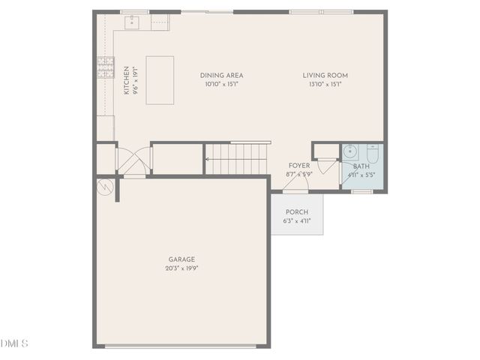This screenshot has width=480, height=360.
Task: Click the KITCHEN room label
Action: [125, 79]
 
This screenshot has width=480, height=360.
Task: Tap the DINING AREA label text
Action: [221, 75]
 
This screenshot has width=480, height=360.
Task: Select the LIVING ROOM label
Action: [325, 75]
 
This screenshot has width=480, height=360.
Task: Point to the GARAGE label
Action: [181, 259]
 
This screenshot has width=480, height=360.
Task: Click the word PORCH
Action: [297, 212]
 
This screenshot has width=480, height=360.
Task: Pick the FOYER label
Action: [298, 166]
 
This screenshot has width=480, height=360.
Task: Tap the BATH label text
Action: [361, 166]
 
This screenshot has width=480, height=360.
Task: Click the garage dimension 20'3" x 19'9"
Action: [181, 268]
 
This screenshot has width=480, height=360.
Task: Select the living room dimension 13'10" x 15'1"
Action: [325, 84]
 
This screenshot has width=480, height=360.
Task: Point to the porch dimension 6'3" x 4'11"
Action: [297, 221]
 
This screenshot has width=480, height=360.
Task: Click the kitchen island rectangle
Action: [160, 79]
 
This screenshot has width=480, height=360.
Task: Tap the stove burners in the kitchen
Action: [106, 68]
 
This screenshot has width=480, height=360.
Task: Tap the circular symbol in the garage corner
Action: [105, 185]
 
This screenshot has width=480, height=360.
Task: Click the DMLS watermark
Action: [14, 343]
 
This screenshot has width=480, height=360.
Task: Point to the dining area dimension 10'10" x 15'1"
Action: [221, 84]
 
